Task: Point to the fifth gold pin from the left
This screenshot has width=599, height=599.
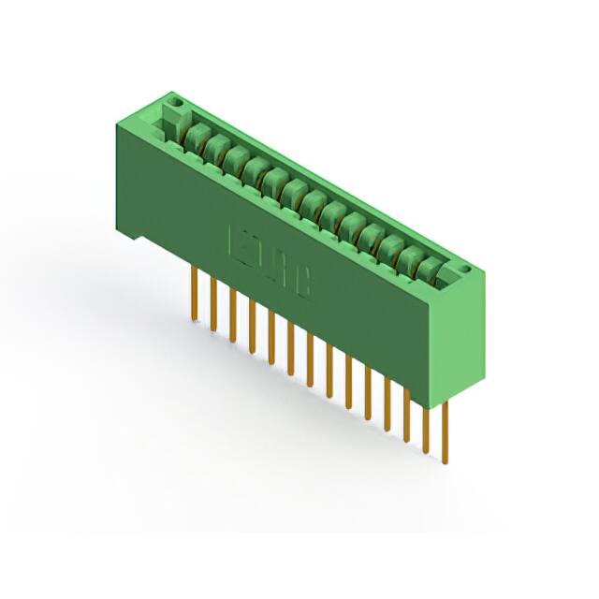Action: click(x=271, y=337)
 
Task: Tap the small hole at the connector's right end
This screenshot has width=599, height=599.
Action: click(x=462, y=269)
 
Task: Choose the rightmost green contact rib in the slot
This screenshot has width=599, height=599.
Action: click(x=430, y=270)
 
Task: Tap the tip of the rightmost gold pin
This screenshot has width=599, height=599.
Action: click(x=445, y=460)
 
